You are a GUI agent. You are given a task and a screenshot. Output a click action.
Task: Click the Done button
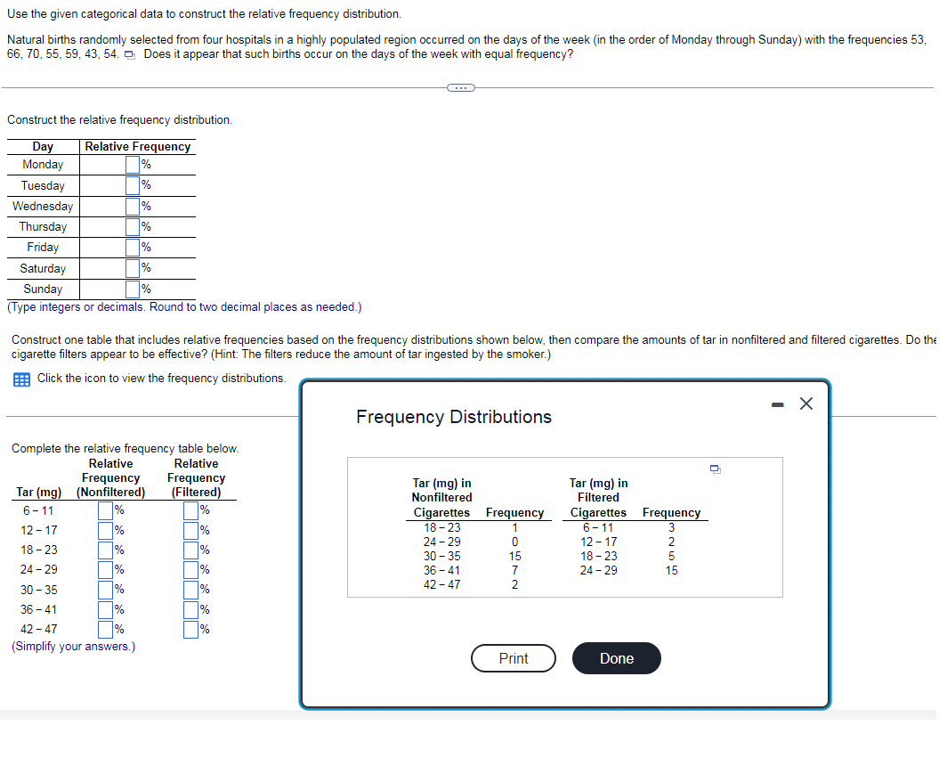pos(616,658)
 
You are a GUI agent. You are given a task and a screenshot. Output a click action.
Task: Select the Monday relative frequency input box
pos(133,165)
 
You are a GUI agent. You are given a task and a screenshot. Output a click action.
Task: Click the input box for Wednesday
pos(133,207)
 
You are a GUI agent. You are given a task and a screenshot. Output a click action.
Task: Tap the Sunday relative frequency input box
pos(133,289)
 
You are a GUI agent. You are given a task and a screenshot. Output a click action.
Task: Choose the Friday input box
pos(133,248)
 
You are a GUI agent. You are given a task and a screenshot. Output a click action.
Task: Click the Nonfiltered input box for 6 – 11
pos(106,510)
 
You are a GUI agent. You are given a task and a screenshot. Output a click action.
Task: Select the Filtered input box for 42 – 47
pos(191,630)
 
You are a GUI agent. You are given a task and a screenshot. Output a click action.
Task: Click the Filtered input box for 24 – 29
pos(191,569)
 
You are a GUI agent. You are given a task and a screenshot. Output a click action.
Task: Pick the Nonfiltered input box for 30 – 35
pos(106,590)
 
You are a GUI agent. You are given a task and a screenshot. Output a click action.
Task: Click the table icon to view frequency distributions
pos(20,379)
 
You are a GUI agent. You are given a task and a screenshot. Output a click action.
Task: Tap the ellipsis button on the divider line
pos(460,87)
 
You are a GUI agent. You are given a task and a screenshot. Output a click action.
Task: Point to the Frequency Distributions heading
pos(454,417)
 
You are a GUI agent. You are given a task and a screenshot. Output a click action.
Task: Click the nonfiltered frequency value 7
pos(514,570)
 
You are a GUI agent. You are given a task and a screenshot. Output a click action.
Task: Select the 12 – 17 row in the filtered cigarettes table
pos(598,542)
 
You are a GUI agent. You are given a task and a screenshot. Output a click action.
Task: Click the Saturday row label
pos(43,268)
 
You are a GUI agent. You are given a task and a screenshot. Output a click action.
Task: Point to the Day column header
pos(43,146)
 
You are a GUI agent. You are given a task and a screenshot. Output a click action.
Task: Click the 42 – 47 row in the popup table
pos(441,584)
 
